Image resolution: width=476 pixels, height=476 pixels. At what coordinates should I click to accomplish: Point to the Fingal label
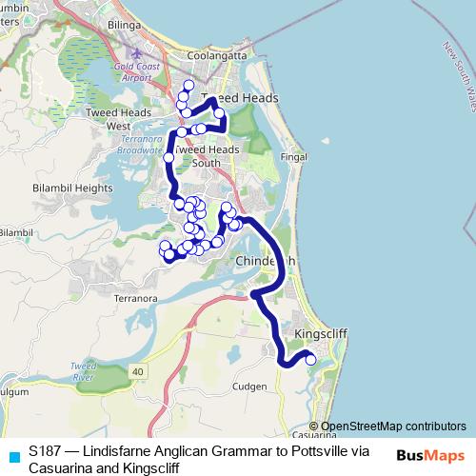[x=294, y=156]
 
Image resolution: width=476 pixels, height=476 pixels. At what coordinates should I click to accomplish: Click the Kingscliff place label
[x=324, y=335]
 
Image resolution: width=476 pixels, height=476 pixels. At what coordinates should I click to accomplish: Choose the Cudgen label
[x=249, y=386]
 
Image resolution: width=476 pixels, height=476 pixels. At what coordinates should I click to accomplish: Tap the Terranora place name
[x=134, y=298]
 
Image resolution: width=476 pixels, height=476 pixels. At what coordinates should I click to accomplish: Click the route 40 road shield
[x=139, y=370]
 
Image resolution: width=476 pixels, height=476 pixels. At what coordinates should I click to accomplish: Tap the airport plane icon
[x=141, y=52]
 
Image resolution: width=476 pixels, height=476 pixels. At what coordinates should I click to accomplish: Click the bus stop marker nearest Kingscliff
[x=309, y=360]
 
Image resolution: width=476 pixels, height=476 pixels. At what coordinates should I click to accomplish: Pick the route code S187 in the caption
[x=45, y=450]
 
